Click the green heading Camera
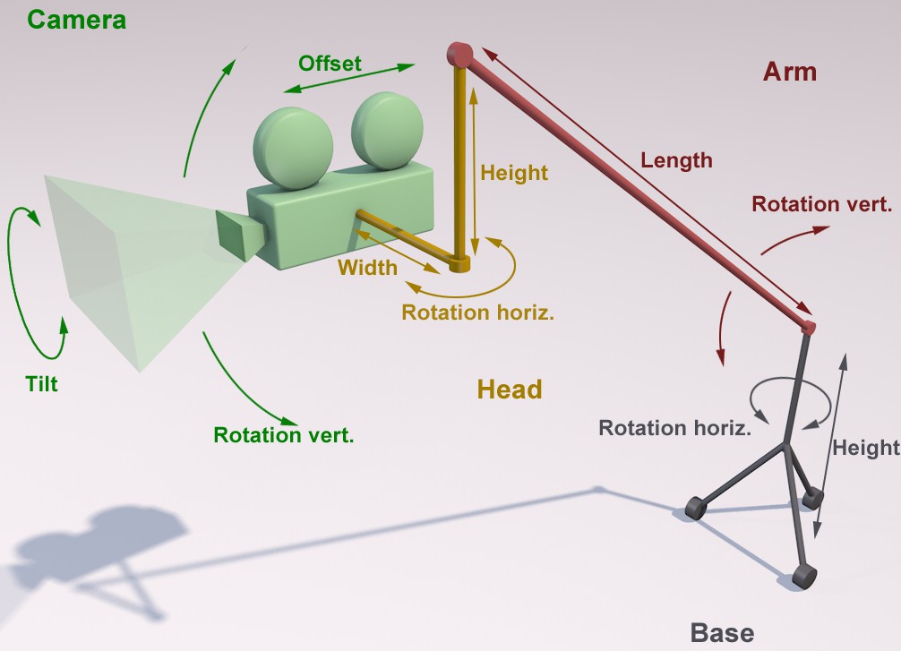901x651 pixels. click(x=76, y=20)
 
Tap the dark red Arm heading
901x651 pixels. click(x=790, y=72)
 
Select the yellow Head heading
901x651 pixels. click(x=510, y=390)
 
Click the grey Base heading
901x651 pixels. click(x=722, y=632)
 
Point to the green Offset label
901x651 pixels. click(x=330, y=64)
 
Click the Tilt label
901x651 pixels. click(x=41, y=384)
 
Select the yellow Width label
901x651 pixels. click(x=367, y=268)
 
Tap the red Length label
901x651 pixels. click(x=676, y=160)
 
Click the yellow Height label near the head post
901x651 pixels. click(x=514, y=173)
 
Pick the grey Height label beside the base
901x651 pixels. click(x=866, y=448)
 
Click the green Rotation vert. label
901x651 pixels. click(x=284, y=435)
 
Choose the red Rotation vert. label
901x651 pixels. click(x=821, y=204)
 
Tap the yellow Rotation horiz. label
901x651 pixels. click(x=477, y=313)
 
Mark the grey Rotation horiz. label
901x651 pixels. click(x=675, y=428)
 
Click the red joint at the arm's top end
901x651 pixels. click(x=459, y=55)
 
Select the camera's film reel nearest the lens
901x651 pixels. click(x=293, y=149)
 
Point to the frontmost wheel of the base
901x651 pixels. click(x=804, y=576)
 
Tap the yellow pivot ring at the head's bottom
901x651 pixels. click(x=459, y=265)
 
